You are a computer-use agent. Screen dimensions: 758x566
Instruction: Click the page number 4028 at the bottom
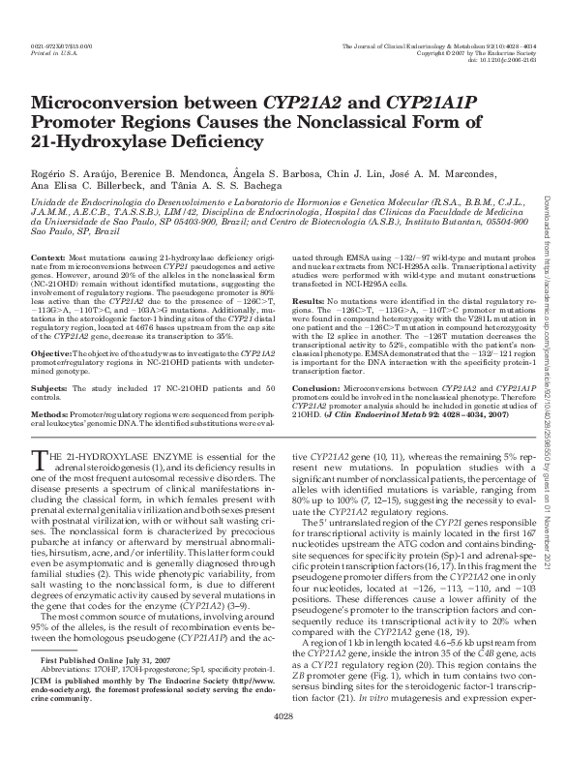[283, 743]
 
